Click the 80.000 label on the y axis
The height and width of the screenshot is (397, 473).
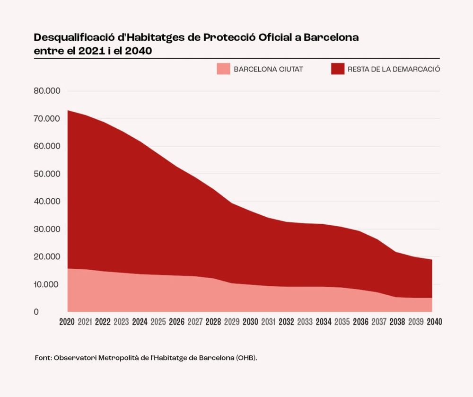click(x=47, y=91)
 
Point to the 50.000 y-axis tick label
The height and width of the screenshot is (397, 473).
click(x=47, y=174)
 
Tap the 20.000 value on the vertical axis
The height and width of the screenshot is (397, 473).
click(x=47, y=256)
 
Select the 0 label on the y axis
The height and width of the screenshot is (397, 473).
click(x=36, y=312)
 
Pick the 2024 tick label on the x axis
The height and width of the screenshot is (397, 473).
click(x=140, y=322)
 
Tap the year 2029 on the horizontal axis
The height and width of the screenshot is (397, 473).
click(x=232, y=322)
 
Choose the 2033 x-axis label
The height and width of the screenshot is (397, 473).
click(x=305, y=322)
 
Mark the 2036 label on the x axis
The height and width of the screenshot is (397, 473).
click(x=360, y=322)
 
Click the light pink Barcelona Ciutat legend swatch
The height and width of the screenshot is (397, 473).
click(x=223, y=69)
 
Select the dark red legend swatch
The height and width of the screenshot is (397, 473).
click(x=337, y=69)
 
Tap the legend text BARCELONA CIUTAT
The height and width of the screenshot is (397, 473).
click(x=268, y=69)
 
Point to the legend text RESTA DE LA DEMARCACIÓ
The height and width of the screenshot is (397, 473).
click(x=394, y=69)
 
